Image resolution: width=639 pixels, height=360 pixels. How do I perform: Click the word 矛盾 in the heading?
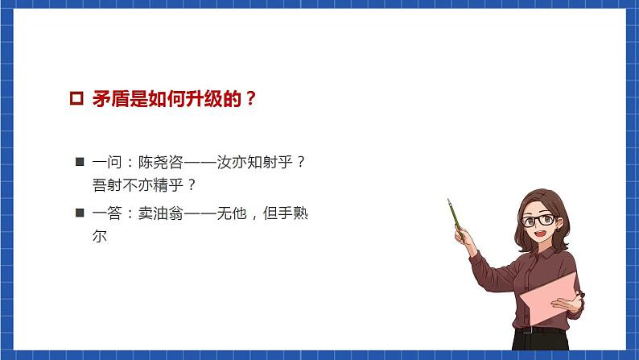point(109,100)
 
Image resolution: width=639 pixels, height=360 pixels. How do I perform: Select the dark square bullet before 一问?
point(79,162)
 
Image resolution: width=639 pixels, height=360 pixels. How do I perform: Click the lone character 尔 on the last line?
point(100,237)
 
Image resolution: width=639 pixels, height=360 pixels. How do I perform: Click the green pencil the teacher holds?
point(456,213)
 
